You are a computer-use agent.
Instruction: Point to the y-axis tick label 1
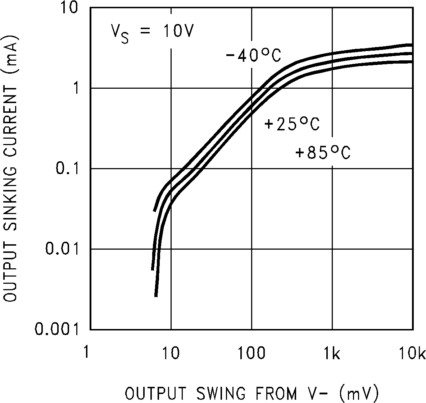tap(76, 88)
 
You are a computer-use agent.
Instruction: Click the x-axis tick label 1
tap(86, 353)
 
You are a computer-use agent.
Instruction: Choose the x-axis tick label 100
tap(251, 353)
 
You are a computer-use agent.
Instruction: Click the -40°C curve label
tap(253, 56)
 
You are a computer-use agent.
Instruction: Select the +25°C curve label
tap(292, 124)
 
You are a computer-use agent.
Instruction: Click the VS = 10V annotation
tap(152, 33)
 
